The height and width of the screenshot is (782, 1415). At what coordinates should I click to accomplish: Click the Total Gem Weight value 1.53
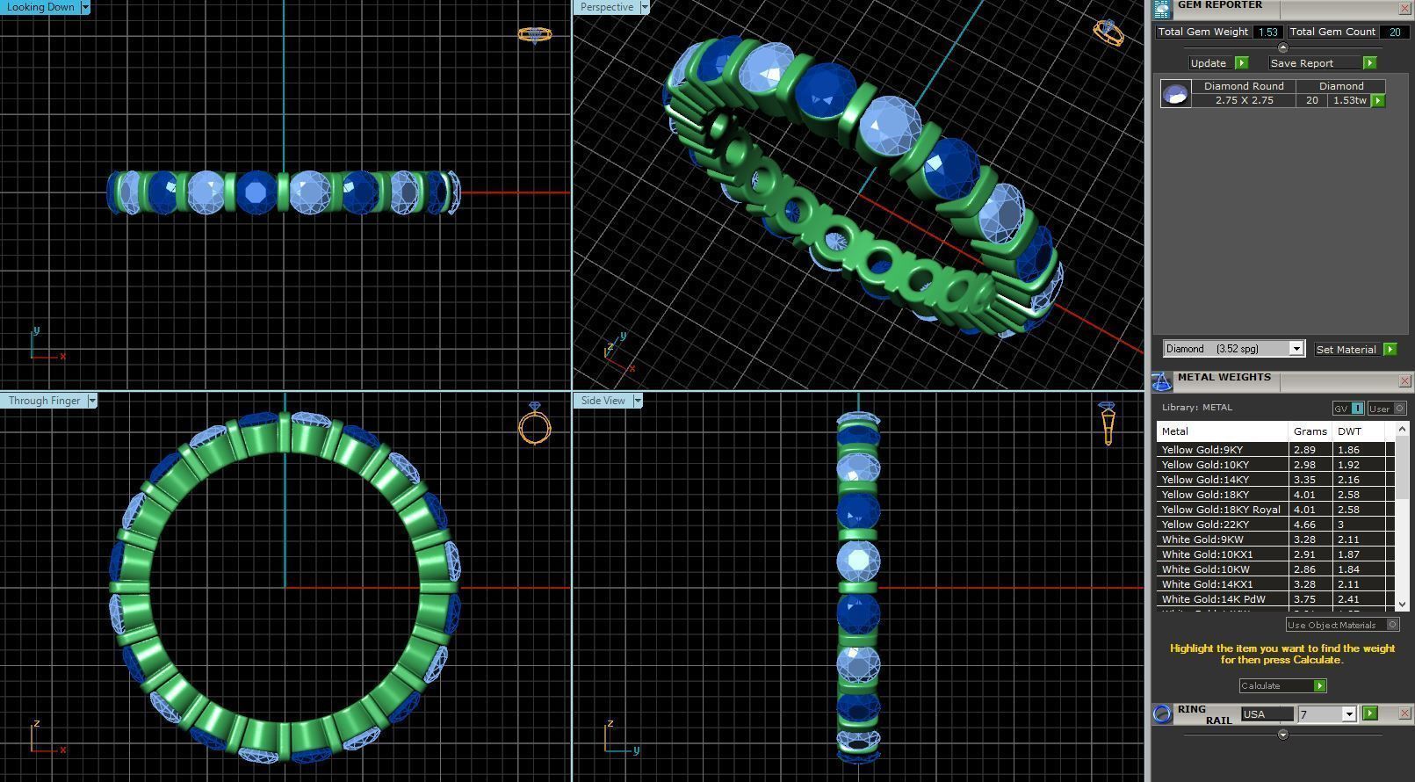[x=1267, y=32]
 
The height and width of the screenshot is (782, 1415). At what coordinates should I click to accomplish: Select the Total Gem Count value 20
[x=1394, y=32]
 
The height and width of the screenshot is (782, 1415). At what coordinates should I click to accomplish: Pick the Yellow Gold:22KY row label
[x=1205, y=525]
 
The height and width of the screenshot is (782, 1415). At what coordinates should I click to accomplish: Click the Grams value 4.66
[x=1304, y=525]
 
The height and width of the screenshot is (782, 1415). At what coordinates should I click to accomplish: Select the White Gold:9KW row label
[x=1202, y=539]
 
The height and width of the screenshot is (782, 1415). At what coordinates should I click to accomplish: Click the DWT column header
[x=1349, y=431]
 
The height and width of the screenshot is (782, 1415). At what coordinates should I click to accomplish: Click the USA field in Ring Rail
[x=1266, y=714]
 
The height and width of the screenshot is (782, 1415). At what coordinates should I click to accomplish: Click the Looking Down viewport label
[x=40, y=7]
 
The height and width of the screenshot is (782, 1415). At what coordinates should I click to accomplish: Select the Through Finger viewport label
[x=44, y=401]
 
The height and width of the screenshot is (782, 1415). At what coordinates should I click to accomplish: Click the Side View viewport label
[x=603, y=401]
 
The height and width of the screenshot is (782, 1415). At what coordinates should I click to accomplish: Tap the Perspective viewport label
[x=606, y=7]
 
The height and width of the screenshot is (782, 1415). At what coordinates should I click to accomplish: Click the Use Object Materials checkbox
[x=1392, y=625]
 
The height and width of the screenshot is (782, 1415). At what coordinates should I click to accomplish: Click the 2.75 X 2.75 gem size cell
[x=1244, y=101]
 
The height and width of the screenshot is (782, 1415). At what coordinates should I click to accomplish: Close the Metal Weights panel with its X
[x=1404, y=381]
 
